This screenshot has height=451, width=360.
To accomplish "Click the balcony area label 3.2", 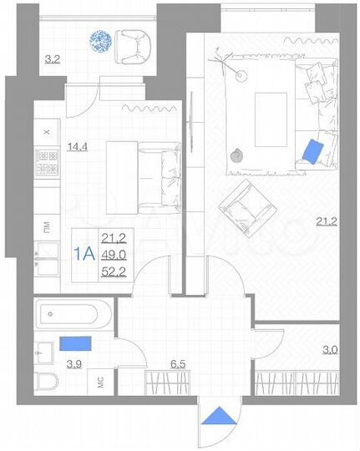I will (x=51, y=59).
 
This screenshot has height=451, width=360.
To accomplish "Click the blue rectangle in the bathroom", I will (x=75, y=343).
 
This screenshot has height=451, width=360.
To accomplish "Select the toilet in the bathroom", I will (x=48, y=383).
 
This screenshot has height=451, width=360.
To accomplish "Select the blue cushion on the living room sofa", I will (x=312, y=150).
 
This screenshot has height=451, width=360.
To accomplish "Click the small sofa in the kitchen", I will (x=156, y=175).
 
